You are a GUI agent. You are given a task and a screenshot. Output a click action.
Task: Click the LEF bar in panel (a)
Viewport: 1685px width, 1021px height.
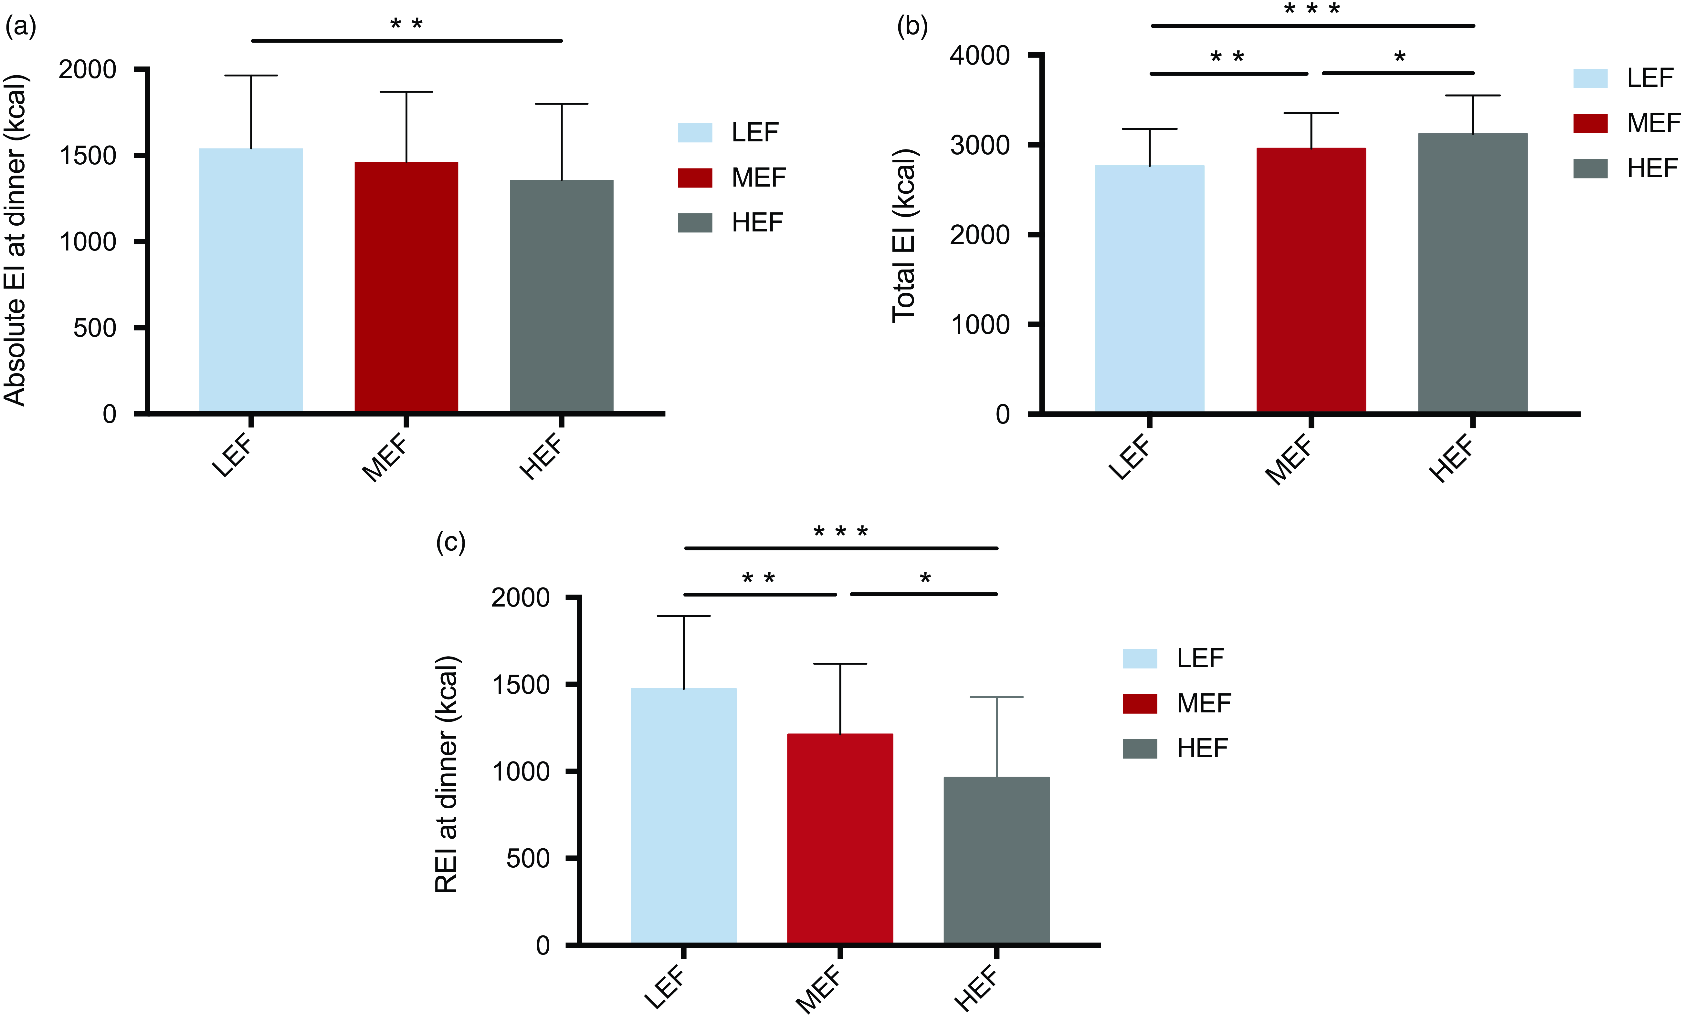(x=251, y=280)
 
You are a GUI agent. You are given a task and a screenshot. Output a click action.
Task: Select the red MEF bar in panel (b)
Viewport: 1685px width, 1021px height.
(x=1311, y=280)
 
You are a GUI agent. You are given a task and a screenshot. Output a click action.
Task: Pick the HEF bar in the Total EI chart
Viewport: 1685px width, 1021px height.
(x=1472, y=273)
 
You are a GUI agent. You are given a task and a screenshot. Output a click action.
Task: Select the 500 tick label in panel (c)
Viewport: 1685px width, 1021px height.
(x=528, y=858)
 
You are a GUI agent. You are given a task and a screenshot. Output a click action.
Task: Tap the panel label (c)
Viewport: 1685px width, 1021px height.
(x=451, y=543)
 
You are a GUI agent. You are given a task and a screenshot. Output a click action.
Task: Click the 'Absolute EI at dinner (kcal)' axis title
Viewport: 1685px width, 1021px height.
(x=15, y=240)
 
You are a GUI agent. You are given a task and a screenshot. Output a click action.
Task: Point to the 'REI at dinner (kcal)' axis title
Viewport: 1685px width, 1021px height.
(x=447, y=774)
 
